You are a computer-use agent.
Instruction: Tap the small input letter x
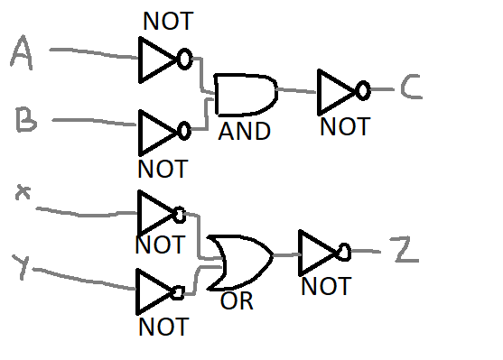pyautogui.click(x=23, y=193)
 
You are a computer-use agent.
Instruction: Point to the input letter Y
pyautogui.click(x=25, y=267)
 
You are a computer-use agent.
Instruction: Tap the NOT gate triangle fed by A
pyautogui.click(x=157, y=60)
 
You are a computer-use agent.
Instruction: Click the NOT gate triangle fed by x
pyautogui.click(x=154, y=214)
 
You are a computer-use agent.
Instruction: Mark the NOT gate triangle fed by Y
pyautogui.click(x=154, y=291)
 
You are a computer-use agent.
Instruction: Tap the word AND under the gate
pyautogui.click(x=244, y=132)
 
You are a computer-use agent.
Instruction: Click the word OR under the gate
pyautogui.click(x=237, y=301)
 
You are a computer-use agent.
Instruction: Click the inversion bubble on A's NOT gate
pyautogui.click(x=184, y=60)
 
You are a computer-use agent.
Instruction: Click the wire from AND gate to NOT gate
pyautogui.click(x=296, y=90)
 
